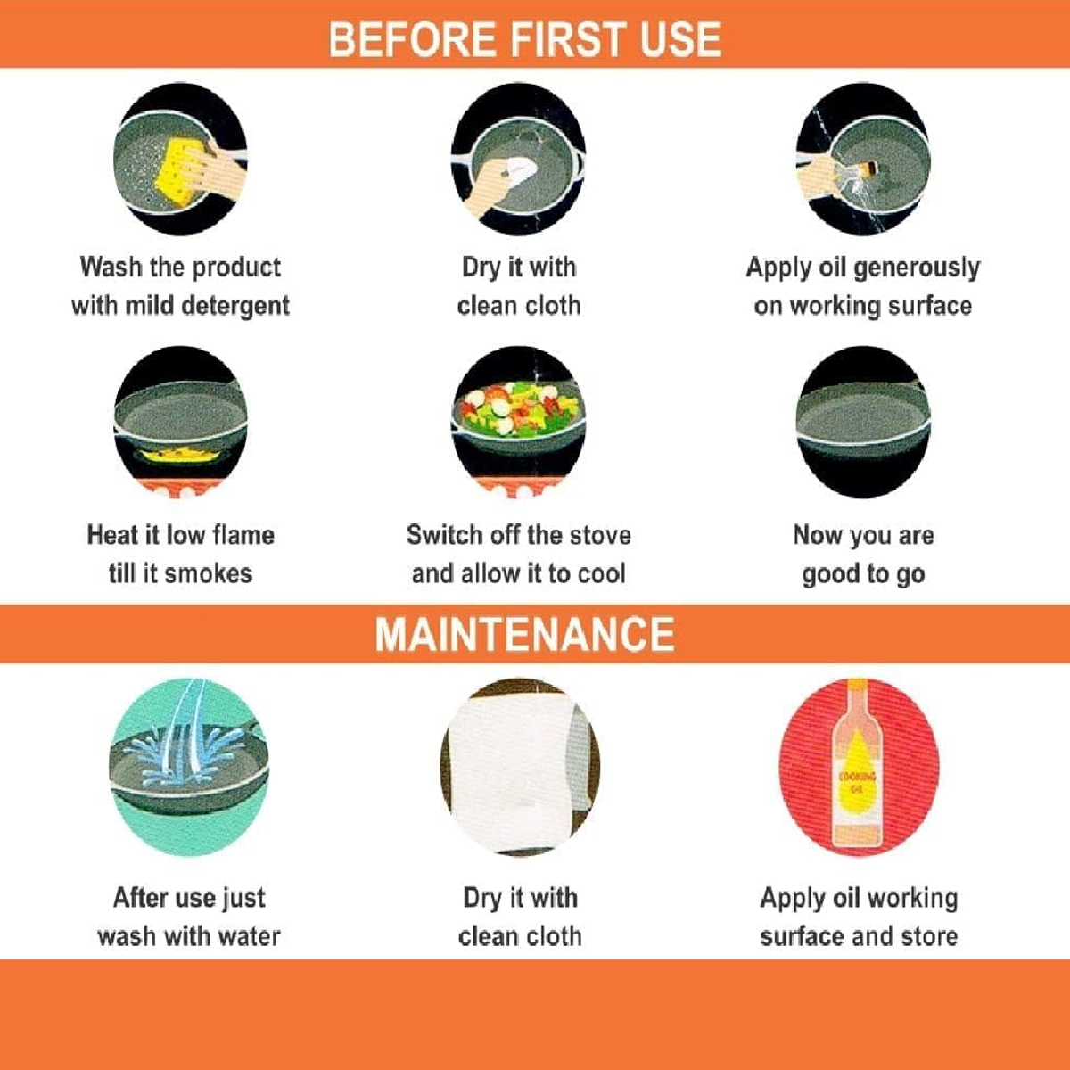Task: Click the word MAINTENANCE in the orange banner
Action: tap(524, 634)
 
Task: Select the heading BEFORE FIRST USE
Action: tap(524, 39)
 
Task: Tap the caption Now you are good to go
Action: tap(863, 555)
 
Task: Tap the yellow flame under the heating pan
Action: tap(179, 457)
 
